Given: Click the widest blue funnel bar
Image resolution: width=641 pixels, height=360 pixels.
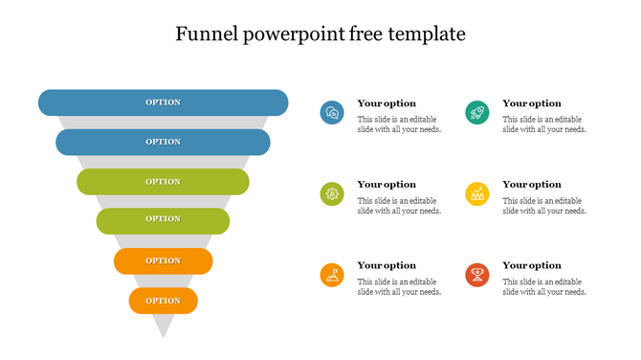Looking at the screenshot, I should [163, 101].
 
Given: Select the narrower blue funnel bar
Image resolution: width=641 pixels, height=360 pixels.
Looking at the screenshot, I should [163, 142].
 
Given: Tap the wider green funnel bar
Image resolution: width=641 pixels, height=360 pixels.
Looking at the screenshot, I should [163, 182].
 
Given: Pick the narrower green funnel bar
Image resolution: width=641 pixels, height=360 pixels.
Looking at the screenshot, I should [163, 219].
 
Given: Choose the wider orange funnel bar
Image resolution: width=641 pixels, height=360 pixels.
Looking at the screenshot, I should [163, 260].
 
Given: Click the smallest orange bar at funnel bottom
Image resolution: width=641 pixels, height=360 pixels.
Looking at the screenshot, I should [163, 301].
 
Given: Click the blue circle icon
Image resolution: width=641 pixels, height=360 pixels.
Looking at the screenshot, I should [332, 113].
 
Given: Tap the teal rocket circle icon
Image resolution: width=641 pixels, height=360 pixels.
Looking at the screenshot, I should [477, 113].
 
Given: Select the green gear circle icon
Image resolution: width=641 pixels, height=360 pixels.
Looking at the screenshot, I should [332, 194].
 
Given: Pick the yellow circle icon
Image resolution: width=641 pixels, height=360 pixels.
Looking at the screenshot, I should [477, 194].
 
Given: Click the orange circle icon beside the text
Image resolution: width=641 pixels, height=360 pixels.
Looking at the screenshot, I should [332, 276].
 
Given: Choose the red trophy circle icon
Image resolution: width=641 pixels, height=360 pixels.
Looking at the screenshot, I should [477, 276].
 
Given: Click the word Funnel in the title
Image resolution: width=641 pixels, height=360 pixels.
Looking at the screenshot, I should [209, 34].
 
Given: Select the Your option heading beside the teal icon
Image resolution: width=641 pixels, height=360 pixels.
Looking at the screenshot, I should [532, 103].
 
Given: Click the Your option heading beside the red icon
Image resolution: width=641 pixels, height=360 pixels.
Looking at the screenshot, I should [532, 265].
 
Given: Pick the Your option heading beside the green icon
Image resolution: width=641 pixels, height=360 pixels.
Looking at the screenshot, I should [387, 184].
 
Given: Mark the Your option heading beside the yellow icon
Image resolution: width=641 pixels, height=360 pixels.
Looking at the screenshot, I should [532, 184].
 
